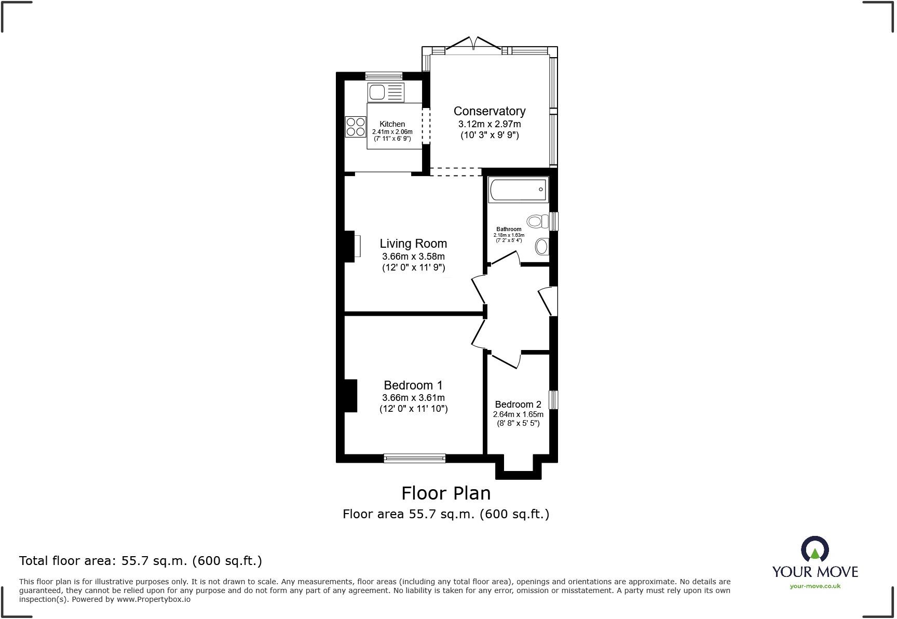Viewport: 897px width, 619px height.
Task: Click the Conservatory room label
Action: (489, 111)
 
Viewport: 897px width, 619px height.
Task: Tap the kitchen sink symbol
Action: (385, 93)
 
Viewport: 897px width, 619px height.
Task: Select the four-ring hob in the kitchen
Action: (356, 127)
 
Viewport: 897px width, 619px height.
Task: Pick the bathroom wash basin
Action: (541, 246)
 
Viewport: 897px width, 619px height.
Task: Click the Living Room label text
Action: (413, 244)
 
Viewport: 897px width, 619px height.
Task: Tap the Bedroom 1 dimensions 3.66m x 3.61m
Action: (413, 398)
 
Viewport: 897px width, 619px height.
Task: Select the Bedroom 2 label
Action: (518, 405)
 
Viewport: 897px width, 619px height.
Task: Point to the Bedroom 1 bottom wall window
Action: (414, 458)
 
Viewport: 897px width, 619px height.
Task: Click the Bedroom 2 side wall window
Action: (553, 400)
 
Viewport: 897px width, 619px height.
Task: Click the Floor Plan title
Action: (446, 493)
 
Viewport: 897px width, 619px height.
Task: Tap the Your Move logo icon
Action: (814, 549)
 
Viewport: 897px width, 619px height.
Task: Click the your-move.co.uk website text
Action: (814, 586)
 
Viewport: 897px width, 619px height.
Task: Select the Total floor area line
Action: (141, 561)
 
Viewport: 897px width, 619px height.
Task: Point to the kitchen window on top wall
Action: (384, 76)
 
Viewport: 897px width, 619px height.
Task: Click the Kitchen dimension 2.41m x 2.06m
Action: (392, 132)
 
